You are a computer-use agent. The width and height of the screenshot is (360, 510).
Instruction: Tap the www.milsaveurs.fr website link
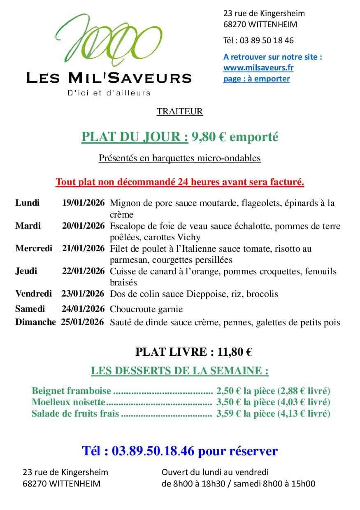[x=258, y=68]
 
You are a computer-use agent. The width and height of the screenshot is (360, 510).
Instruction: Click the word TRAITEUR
[x=179, y=111]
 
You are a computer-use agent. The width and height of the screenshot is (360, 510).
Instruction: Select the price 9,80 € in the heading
[x=208, y=137]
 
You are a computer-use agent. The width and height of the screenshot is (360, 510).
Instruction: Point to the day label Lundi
[x=28, y=203]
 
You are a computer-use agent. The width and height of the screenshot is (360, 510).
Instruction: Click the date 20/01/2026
[x=84, y=226]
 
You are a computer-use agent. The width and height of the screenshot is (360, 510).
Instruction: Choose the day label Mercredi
[x=34, y=248]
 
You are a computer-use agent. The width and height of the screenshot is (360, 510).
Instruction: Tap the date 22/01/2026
[x=84, y=271]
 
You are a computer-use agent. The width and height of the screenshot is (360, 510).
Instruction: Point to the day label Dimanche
[x=35, y=322]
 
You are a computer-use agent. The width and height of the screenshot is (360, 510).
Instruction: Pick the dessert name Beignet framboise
[x=71, y=391]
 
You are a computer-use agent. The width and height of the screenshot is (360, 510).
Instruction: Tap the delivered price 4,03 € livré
[x=304, y=402]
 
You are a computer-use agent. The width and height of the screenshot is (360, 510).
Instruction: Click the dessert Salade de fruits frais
[x=75, y=414]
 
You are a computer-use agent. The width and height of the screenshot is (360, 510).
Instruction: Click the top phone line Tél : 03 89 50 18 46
[x=258, y=40]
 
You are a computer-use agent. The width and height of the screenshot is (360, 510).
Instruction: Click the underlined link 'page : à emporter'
[x=256, y=79]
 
